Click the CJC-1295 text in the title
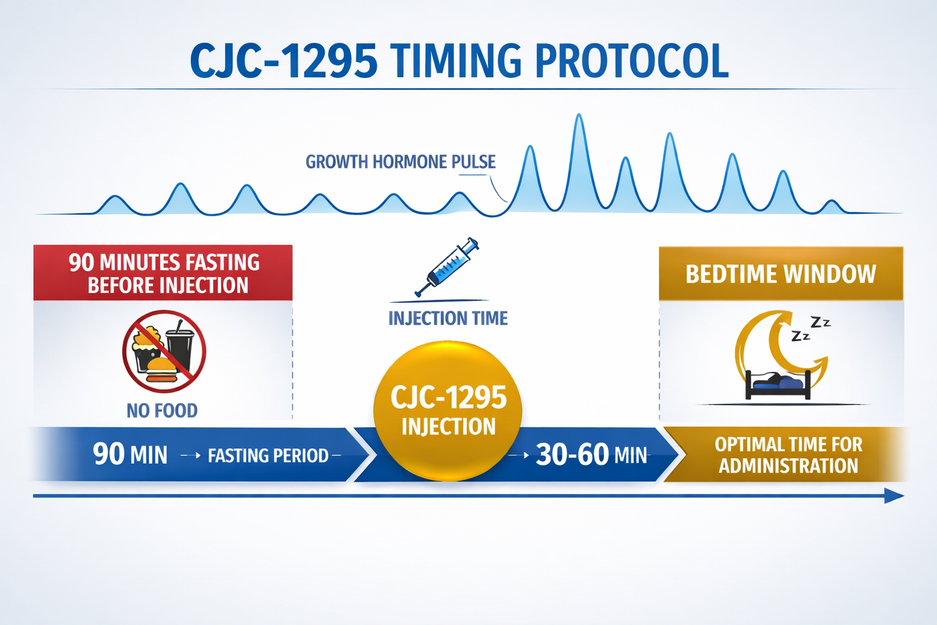pos(284,61)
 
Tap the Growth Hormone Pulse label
pos(400,162)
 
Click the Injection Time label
pos(448,318)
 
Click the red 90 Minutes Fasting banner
pos(163,273)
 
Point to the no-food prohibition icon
pos(163,352)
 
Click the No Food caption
pos(162,411)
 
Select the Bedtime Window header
pos(781,274)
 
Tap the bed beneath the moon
pos(778,386)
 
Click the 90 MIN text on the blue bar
pos(130,455)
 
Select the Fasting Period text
pos(268,456)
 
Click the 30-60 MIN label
pos(591,455)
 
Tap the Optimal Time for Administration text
pos(788,455)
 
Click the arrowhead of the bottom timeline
pos(894,496)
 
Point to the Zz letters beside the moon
pos(811,328)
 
